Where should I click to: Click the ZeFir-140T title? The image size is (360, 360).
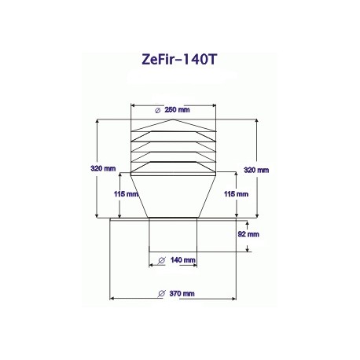(x=179, y=60)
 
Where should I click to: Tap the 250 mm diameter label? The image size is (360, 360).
(x=177, y=110)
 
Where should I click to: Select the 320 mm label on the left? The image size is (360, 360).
(x=103, y=168)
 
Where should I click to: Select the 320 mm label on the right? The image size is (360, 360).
(x=256, y=170)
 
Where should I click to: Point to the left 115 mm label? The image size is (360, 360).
(x=126, y=194)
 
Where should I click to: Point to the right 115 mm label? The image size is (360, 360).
(x=236, y=194)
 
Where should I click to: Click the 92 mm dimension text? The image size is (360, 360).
(x=248, y=234)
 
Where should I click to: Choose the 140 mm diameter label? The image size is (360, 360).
(x=183, y=260)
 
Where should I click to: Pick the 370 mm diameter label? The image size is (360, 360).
(x=182, y=294)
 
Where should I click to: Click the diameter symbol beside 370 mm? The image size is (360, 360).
(x=162, y=294)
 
